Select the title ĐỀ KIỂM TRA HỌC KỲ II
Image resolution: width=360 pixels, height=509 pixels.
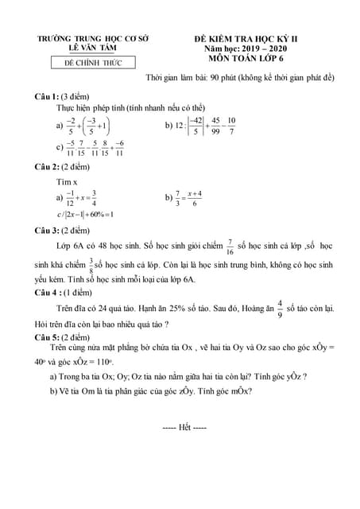point(254,38)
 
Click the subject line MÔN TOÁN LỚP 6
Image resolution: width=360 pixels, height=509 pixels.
point(254,59)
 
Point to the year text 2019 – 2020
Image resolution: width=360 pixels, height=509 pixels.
point(269,49)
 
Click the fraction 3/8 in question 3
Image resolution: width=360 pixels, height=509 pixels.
point(90,263)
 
